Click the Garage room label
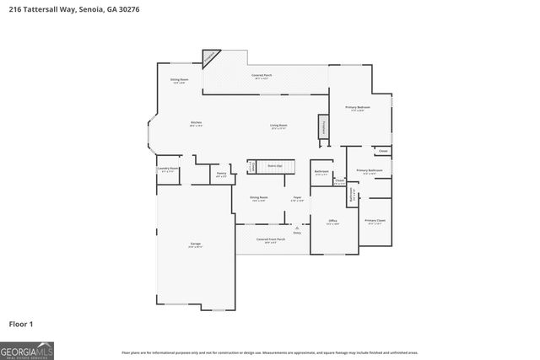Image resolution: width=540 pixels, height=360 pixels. click(195, 244)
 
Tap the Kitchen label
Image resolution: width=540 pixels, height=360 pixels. click(196, 123)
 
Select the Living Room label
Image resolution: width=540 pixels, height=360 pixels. click(278, 126)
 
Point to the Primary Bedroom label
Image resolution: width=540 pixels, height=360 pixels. click(358, 109)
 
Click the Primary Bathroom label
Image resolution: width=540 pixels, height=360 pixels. click(370, 171)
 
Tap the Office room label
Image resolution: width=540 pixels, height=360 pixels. click(332, 221)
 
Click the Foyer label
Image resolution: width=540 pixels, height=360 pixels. click(297, 198)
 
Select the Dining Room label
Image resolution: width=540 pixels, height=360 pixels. click(258, 198)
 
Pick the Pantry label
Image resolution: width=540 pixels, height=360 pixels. click(220, 174)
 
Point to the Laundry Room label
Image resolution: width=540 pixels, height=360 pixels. click(168, 169)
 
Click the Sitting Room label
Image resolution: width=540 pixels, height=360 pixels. click(180, 81)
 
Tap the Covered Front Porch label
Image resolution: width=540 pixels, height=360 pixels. click(271, 239)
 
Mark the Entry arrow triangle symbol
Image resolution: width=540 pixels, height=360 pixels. click(297, 228)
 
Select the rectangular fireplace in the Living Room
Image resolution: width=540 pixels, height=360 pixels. click(322, 126)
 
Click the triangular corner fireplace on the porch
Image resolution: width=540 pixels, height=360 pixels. click(209, 56)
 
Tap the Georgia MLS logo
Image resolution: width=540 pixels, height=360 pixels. click(27, 349)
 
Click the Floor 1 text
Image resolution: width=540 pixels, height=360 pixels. click(21, 324)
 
